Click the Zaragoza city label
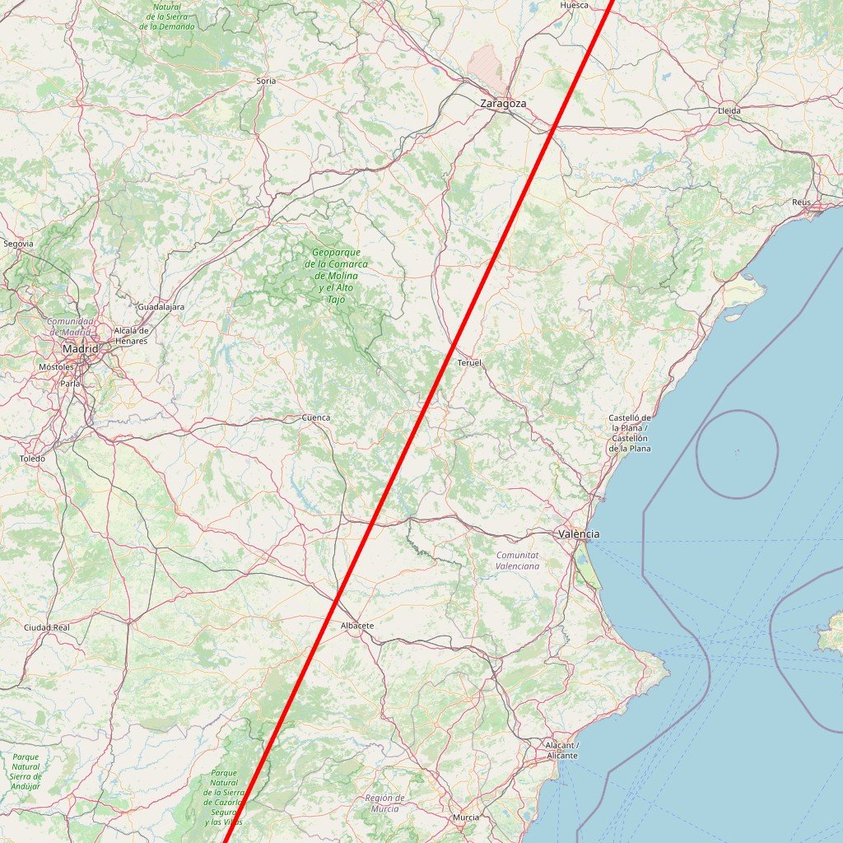pos(503,104)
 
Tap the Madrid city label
pos(80,349)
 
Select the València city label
pos(579,534)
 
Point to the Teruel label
pos(469,363)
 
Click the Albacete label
pos(356,626)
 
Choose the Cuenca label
pos(316,417)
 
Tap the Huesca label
pos(574,5)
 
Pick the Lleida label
pos(729,110)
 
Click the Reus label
pos(801,202)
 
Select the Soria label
pos(266,81)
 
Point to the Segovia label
pos(18,244)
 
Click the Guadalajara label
pos(161,307)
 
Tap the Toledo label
pos(33,458)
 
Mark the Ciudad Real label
pos(47,627)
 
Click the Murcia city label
pos(466,817)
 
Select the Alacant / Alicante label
pos(561,750)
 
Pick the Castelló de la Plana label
pos(630,433)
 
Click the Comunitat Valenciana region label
pos(517,561)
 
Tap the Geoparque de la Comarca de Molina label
pos(336,276)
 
